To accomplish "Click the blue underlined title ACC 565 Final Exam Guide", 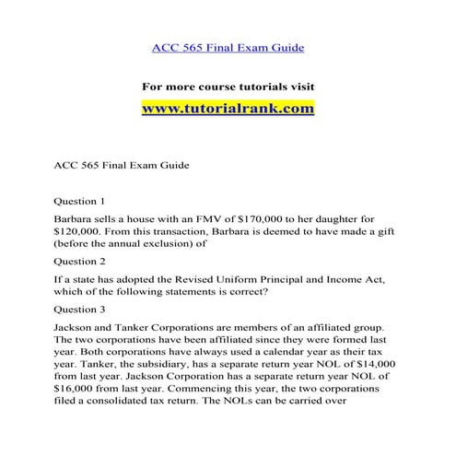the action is [228, 46].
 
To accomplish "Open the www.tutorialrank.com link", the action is [228, 109].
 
